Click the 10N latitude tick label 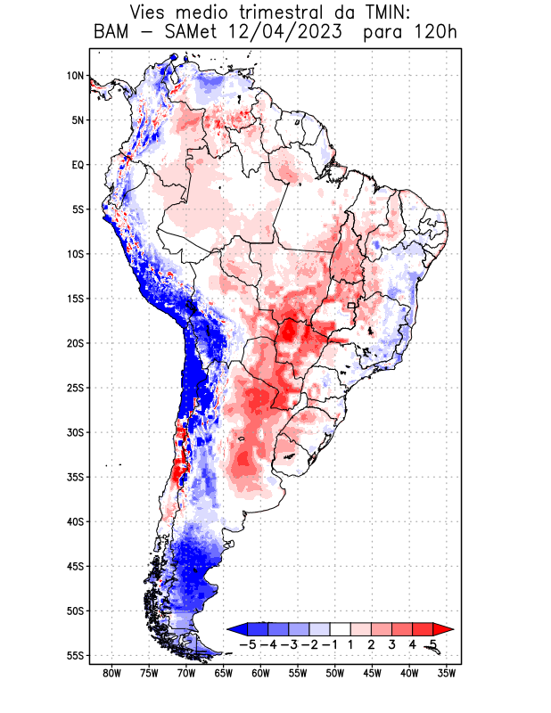coord(75,76)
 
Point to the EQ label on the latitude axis coord(77,165)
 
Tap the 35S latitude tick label coord(74,477)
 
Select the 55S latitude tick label coord(74,655)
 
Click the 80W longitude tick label coord(112,673)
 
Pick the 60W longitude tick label coord(260,673)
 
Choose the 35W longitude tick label coord(446,673)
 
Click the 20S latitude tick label coord(74,343)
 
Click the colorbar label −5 coord(248,643)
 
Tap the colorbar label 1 coord(352,643)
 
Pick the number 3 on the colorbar coord(392,643)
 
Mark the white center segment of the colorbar coord(341,629)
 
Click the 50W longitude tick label coord(334,673)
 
